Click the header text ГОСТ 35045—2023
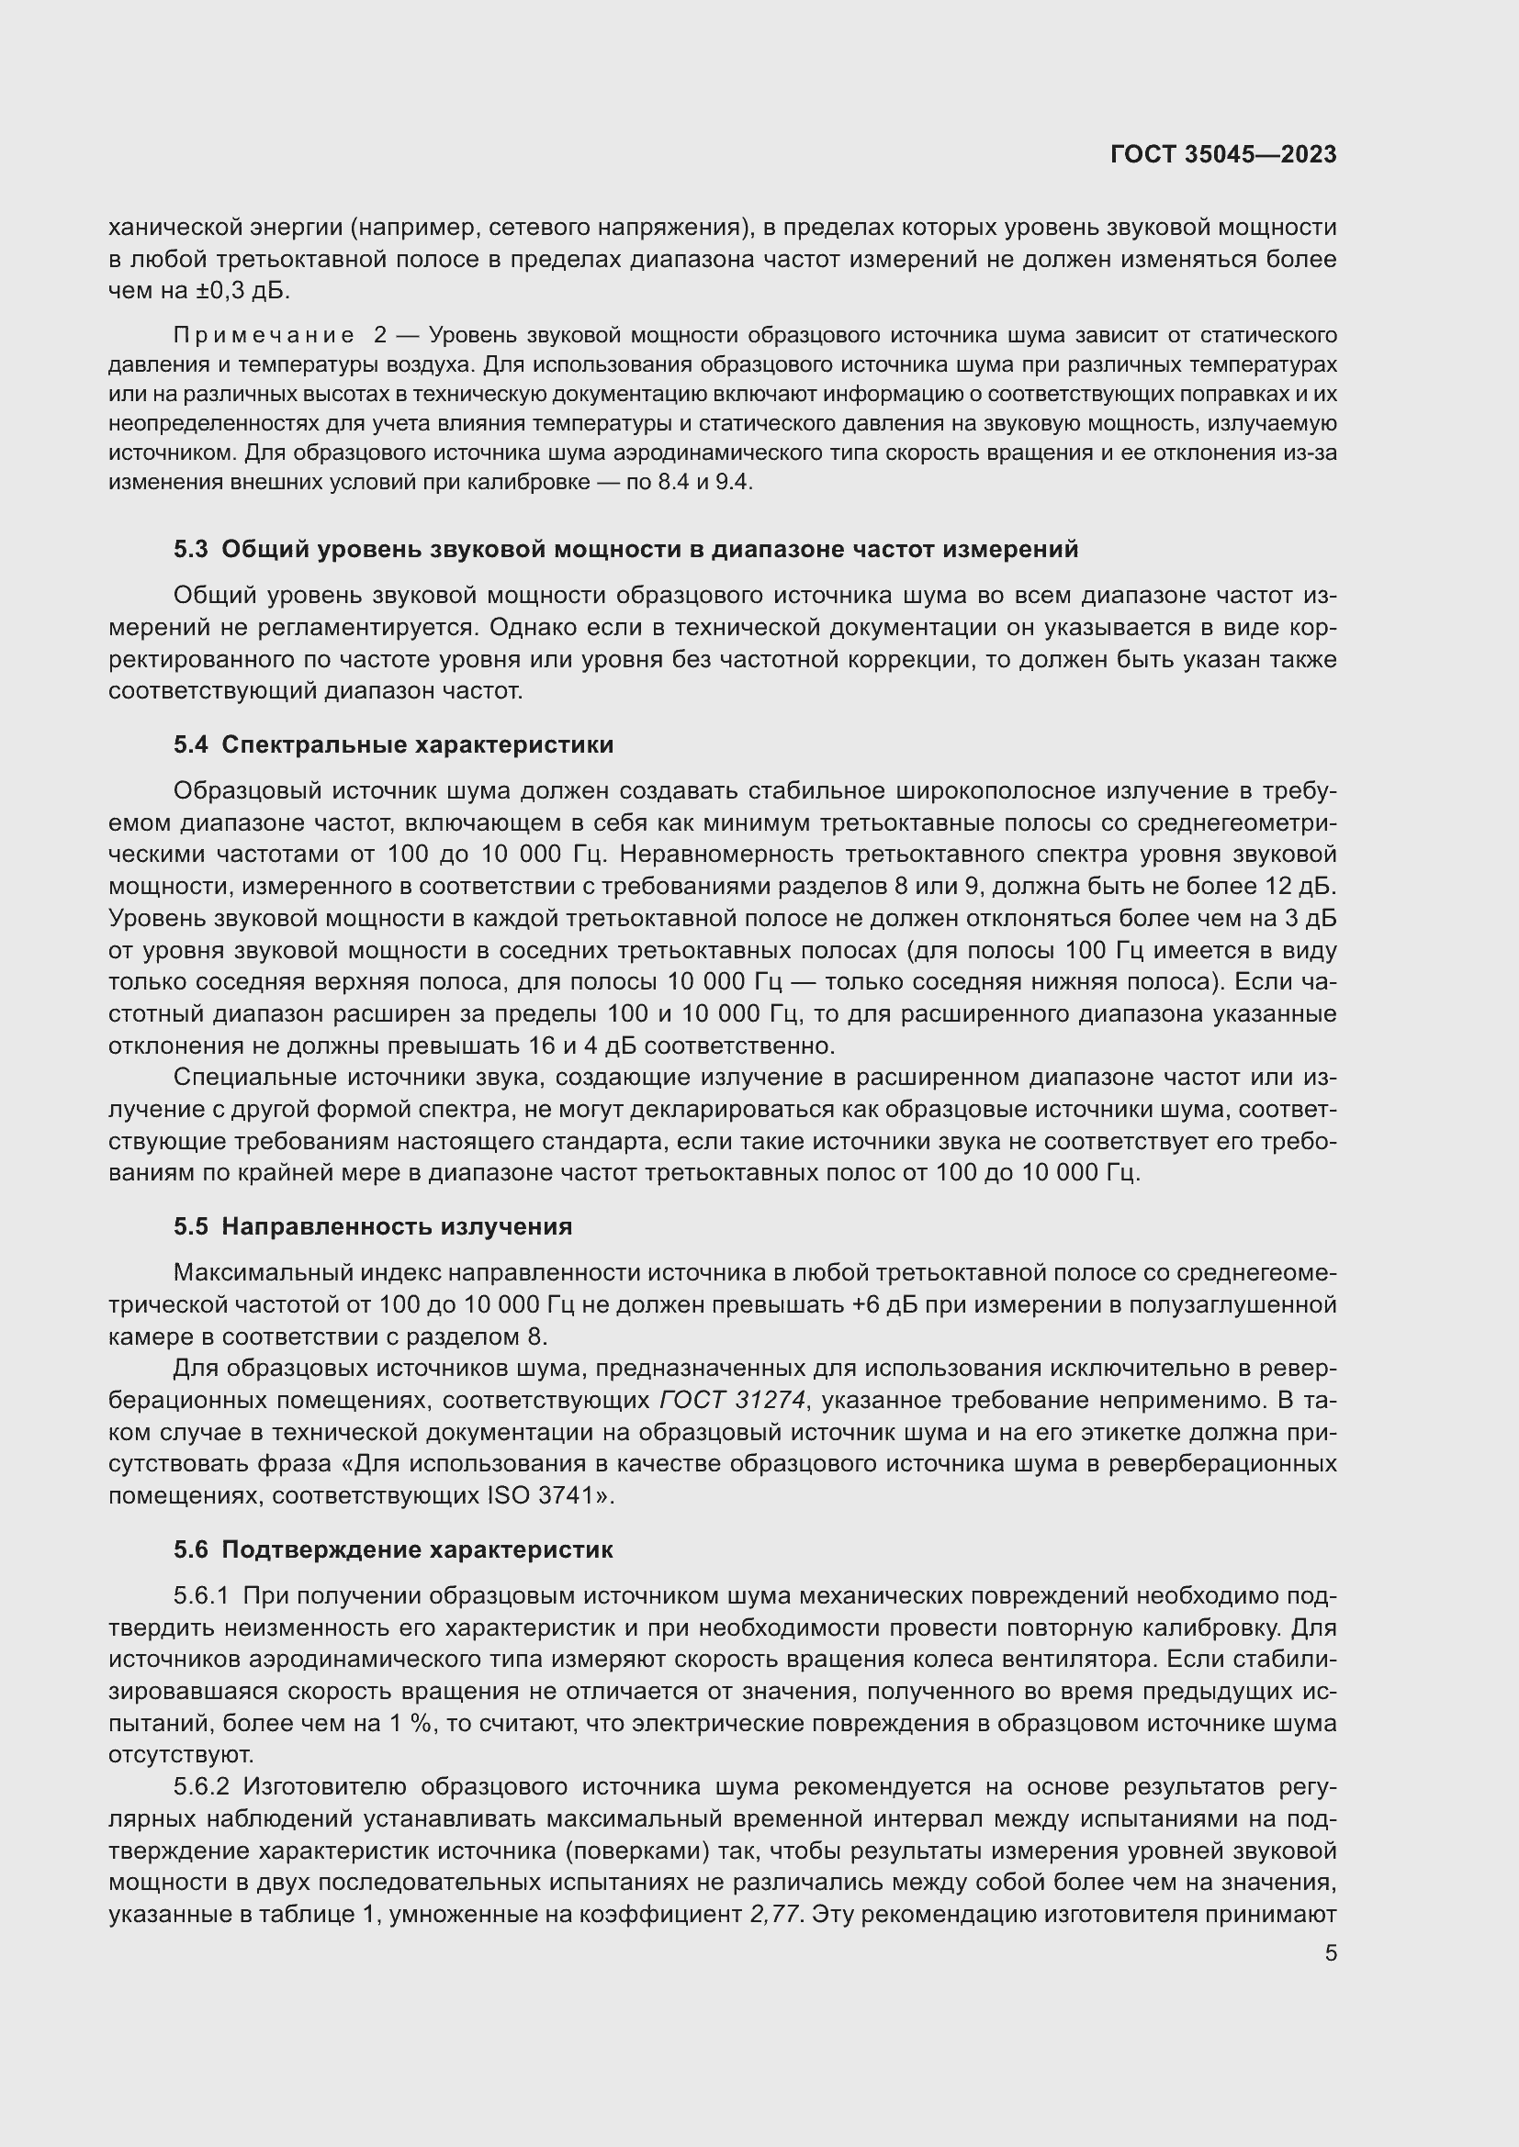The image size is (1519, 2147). tap(1223, 154)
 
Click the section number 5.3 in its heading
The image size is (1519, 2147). tap(191, 549)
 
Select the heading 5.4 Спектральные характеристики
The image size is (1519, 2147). tap(394, 744)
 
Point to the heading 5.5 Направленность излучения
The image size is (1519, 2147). tap(372, 1226)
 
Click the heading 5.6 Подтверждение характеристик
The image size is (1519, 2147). tap(393, 1549)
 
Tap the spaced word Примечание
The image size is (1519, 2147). tap(264, 335)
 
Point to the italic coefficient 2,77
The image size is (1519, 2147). tap(776, 1914)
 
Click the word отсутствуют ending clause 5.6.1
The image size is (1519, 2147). tap(182, 1754)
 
